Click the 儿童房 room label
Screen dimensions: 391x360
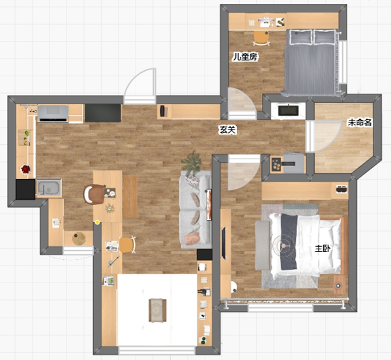[245, 57]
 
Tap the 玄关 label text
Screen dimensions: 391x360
[227, 130]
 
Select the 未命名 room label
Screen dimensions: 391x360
[360, 122]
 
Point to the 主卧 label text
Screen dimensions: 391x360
[323, 249]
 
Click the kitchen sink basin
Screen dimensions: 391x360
[49, 187]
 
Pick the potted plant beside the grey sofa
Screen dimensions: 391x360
[192, 163]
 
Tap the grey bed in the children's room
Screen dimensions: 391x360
[311, 62]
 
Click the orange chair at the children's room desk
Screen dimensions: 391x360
[261, 38]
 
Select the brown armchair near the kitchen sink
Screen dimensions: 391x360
[94, 195]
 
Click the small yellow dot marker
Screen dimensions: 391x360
[97, 222]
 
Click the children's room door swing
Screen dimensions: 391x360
[241, 103]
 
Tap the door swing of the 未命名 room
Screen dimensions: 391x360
[323, 136]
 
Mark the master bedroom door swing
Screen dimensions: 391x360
[243, 172]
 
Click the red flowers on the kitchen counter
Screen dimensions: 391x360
[25, 169]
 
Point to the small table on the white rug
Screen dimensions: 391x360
[157, 310]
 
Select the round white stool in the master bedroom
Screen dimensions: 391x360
[234, 286]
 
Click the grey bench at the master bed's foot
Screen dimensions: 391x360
[262, 245]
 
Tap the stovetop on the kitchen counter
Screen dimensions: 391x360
[53, 114]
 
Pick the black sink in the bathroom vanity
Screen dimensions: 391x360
[288, 111]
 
